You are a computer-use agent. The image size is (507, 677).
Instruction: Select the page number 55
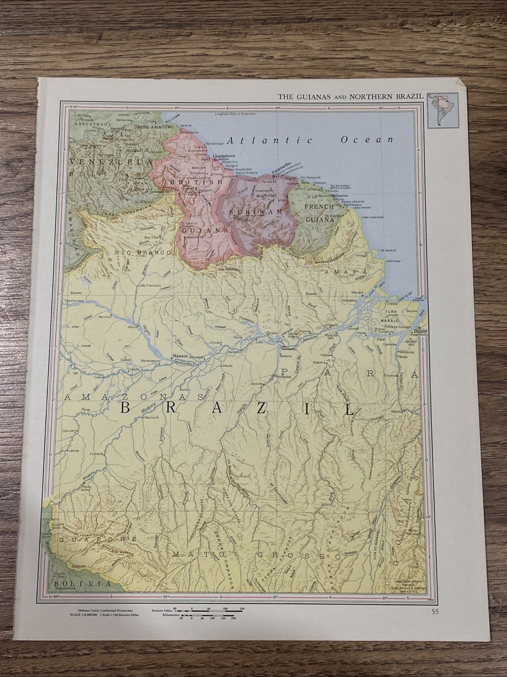pos(436,611)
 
